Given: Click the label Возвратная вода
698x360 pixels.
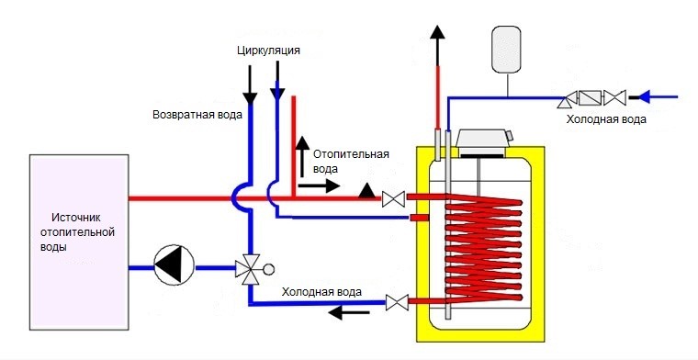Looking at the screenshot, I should (x=197, y=115).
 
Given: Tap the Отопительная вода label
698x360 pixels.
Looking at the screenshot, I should (x=351, y=162).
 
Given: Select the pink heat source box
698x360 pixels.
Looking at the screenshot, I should (x=78, y=241).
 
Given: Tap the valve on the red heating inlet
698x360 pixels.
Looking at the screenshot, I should (x=394, y=197).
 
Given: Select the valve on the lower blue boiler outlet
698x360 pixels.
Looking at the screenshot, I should (x=397, y=300).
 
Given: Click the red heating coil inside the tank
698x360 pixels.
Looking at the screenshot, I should (x=482, y=248).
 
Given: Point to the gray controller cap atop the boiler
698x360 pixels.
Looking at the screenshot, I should (x=483, y=141).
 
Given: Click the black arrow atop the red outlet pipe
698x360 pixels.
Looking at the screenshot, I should (x=438, y=33).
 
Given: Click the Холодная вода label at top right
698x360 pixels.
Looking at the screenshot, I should (x=606, y=119).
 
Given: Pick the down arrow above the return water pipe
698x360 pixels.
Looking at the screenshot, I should (x=247, y=94).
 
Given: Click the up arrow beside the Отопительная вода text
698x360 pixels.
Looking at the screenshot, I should (x=300, y=144).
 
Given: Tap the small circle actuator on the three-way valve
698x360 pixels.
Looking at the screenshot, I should (x=269, y=269).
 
